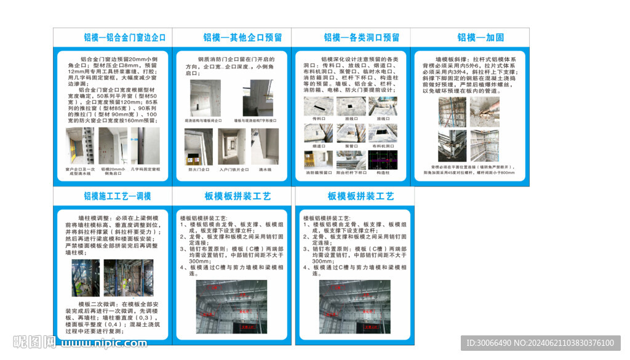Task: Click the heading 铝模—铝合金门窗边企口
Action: coord(125,38)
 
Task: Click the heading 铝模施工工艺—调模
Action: coord(118,196)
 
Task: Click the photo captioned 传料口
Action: coord(318,106)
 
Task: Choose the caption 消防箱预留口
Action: coord(318,173)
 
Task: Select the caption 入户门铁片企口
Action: coord(233,169)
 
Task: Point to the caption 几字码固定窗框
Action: coord(146,169)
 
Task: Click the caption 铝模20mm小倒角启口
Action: coord(113,171)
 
